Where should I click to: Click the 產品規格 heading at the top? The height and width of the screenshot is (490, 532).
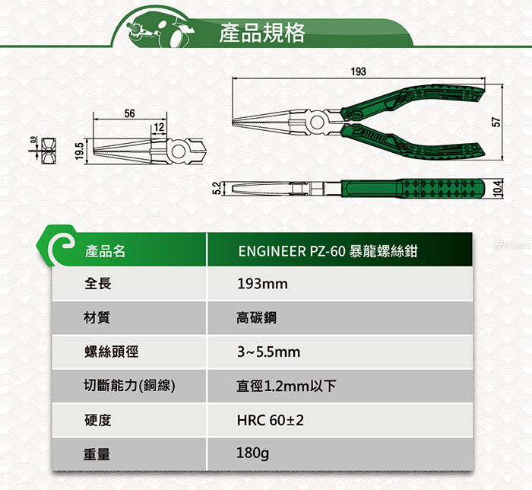261,33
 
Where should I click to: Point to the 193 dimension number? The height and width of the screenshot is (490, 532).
359,72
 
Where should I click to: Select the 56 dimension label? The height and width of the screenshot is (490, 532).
129,113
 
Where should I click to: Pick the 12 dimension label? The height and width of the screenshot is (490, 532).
158,126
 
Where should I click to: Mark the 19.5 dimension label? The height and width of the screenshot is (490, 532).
79,150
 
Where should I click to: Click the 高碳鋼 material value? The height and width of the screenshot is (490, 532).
257,318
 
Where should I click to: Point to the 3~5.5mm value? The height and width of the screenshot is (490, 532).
268,352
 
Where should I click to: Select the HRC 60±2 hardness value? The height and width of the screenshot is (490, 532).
271,420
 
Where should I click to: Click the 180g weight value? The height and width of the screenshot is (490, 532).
253,453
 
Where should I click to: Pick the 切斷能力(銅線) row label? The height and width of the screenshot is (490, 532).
130,386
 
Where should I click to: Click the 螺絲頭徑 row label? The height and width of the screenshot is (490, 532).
111,352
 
